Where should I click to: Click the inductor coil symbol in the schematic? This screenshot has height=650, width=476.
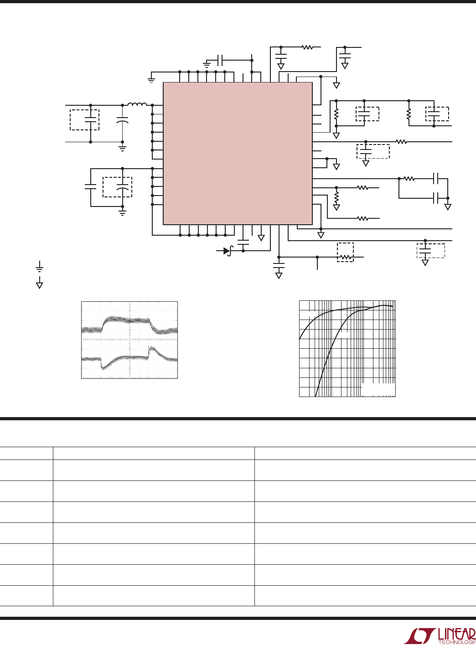pos(137,104)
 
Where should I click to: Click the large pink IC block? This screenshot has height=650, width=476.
pos(238,154)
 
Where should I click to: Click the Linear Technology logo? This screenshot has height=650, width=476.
pos(440,636)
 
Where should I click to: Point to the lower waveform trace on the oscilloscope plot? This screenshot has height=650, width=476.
pos(129,358)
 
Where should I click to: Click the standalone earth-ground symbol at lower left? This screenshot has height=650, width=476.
pos(40,266)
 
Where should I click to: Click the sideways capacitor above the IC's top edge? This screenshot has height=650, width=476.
pos(220,60)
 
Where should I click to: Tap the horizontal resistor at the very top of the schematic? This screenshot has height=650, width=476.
pos(307,47)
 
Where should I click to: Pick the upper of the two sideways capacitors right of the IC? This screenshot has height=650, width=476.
pos(435,179)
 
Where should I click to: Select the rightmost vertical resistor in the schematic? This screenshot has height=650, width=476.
pos(409,114)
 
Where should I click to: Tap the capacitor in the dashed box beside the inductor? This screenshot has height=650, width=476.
pos(91,119)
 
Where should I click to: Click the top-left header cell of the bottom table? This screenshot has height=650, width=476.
pos(26,453)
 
